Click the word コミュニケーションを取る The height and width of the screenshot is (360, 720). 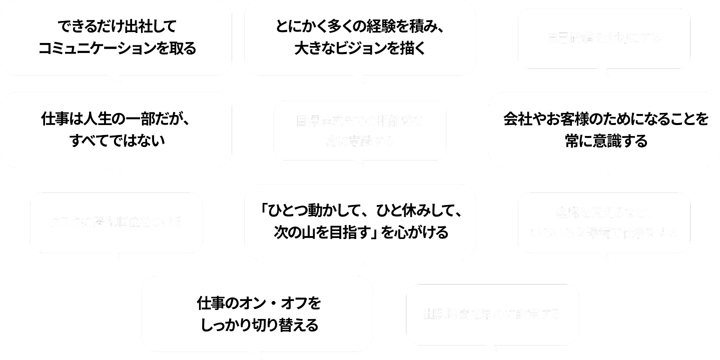click(116, 49)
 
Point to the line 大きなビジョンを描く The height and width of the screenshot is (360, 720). click(359, 49)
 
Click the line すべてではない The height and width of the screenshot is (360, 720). click(116, 141)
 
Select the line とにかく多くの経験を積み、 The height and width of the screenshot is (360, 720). click(360, 26)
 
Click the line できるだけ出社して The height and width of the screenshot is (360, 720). click(116, 26)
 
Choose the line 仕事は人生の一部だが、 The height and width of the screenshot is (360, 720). click(116, 120)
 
